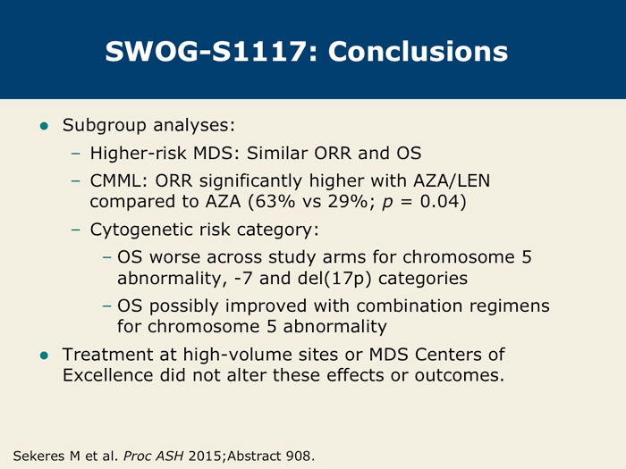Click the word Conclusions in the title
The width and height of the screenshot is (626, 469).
click(x=418, y=52)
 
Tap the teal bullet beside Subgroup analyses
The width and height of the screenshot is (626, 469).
click(x=44, y=127)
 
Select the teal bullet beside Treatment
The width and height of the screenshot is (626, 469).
click(x=44, y=356)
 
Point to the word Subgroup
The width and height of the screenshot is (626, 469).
click(x=105, y=126)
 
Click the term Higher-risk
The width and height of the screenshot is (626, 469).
click(x=138, y=153)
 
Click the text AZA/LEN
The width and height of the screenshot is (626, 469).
click(x=452, y=181)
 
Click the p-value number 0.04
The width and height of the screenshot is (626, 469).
click(x=439, y=201)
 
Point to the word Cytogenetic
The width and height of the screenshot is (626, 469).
click(x=141, y=230)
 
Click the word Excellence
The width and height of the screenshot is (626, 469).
click(x=107, y=375)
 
